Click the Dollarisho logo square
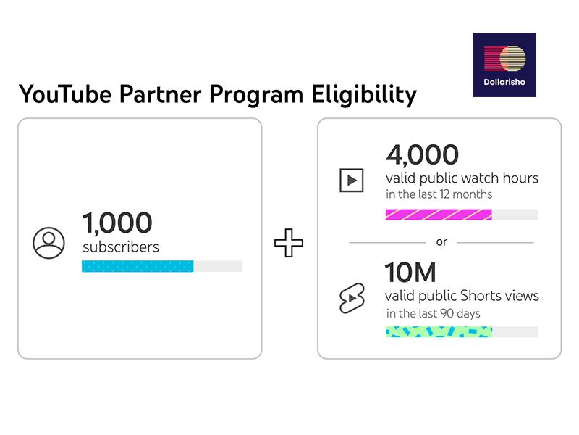(504, 65)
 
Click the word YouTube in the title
(65, 94)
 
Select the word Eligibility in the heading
(364, 95)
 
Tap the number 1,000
(117, 223)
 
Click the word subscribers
(121, 247)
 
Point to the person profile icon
(48, 243)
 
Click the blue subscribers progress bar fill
(138, 266)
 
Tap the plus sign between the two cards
(289, 243)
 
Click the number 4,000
(423, 154)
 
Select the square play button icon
(352, 181)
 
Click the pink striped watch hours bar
(439, 215)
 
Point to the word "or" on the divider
(441, 242)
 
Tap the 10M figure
(410, 273)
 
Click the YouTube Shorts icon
(352, 298)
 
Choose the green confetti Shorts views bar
(439, 332)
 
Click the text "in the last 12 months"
(439, 194)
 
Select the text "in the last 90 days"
(433, 314)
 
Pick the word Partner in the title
(160, 94)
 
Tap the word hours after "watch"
(520, 178)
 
